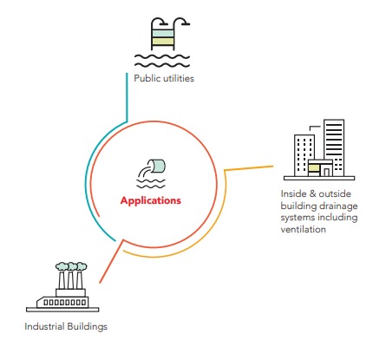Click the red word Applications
pos(151,201)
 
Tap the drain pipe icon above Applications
pos(151,173)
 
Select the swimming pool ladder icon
pos(162,34)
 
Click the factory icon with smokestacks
pos(62,287)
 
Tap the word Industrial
pos(44,326)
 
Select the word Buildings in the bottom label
pos(87,327)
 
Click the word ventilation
pos(304,229)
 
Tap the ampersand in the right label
pos(312,193)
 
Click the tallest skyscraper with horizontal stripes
pos(334,147)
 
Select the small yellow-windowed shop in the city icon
pos(320,168)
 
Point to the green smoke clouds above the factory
pos(71,266)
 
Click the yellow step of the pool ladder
pos(163,42)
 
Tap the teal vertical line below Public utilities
pos(127,97)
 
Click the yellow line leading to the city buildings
pos(249,168)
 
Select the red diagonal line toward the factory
pos(111,261)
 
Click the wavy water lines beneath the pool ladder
pos(162,61)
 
